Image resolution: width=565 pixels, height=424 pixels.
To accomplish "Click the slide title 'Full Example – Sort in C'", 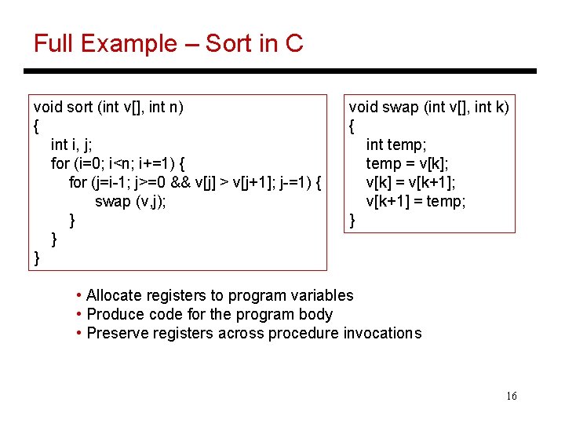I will (x=168, y=43).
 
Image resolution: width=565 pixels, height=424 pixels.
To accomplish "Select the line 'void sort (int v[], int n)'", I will (x=109, y=107).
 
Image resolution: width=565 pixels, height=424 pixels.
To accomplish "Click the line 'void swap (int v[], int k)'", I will (x=428, y=107).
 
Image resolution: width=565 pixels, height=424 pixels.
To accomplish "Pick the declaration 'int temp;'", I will (x=396, y=144).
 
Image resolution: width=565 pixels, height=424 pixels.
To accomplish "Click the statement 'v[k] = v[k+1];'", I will (x=411, y=182).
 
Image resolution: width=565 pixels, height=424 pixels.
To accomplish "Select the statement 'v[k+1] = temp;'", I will (x=416, y=202).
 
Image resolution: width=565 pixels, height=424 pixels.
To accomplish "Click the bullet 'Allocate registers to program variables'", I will (x=220, y=295).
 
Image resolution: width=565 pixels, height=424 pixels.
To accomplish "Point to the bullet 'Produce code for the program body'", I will (x=210, y=314).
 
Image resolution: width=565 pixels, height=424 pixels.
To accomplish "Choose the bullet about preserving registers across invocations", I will (x=253, y=333).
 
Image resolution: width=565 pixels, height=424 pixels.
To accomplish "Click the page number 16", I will (x=511, y=397).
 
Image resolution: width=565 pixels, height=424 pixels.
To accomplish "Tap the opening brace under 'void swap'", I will (x=352, y=126).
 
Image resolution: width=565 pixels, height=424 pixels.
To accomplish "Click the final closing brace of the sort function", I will (x=37, y=258).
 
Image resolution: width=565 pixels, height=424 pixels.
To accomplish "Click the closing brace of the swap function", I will (x=352, y=221).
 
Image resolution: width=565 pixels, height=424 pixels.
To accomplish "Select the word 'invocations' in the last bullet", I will (x=382, y=333).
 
